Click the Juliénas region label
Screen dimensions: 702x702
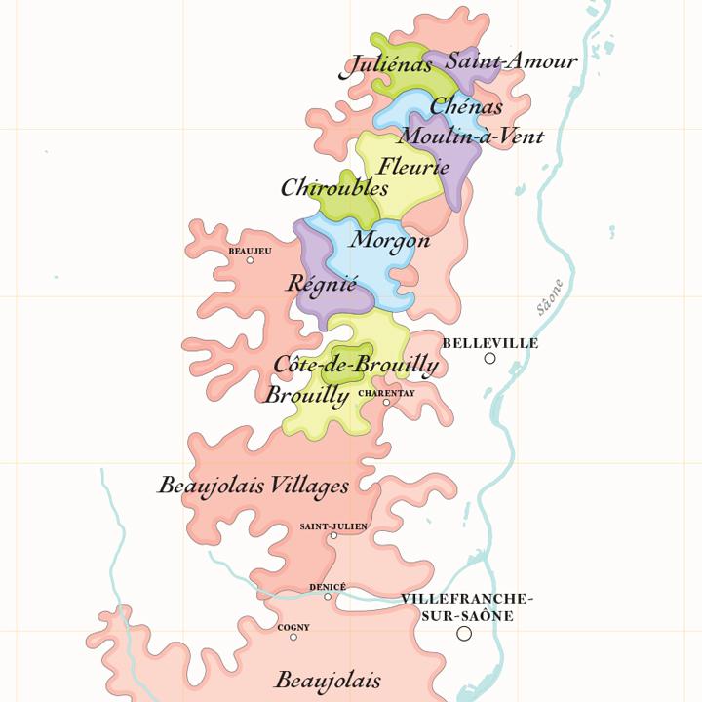tap(386, 66)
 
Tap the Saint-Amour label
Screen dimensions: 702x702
tap(511, 60)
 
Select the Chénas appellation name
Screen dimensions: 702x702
tap(466, 106)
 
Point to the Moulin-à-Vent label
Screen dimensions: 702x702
tap(470, 136)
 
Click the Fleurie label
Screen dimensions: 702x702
tap(413, 166)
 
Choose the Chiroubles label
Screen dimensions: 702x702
tap(334, 188)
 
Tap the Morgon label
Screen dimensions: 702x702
tap(390, 239)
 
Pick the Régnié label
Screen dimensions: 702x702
tap(322, 284)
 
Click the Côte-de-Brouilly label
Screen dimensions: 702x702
tap(356, 365)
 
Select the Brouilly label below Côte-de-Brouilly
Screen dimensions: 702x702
tap(306, 395)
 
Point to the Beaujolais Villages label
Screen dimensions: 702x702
tap(253, 485)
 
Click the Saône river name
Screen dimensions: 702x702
tap(550, 297)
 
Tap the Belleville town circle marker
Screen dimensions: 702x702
tap(489, 359)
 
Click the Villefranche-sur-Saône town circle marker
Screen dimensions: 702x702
tap(464, 634)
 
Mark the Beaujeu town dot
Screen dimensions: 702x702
tap(250, 260)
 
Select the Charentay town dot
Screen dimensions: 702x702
tap(386, 403)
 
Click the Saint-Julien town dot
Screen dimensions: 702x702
tap(333, 535)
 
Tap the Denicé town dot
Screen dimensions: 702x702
tap(328, 596)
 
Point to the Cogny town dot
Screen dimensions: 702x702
tap(293, 637)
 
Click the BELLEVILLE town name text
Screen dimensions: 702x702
tap(489, 343)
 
